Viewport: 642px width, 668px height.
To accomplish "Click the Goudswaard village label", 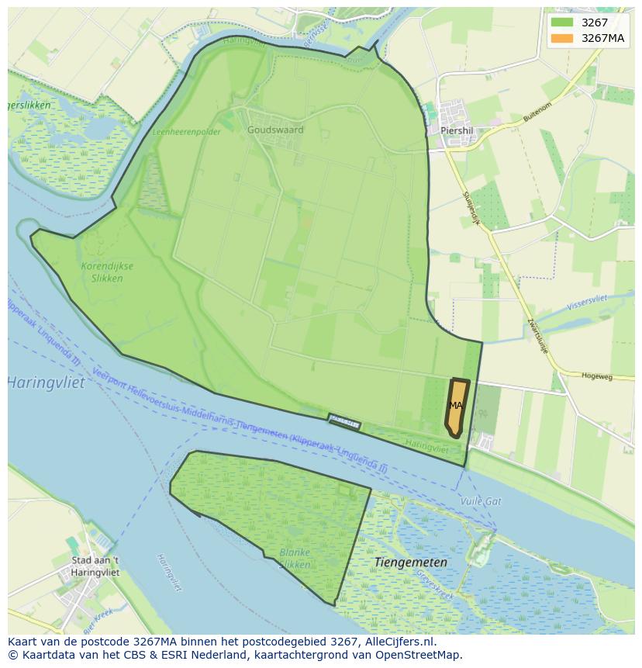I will tap(275, 130).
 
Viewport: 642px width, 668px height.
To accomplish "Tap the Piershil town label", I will tap(457, 131).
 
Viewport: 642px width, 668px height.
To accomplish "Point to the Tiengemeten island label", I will tap(410, 562).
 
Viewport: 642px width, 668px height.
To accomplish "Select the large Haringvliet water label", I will tap(46, 382).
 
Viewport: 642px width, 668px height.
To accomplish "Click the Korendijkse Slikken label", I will tap(107, 272).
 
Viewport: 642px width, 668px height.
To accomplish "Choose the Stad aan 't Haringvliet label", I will tap(95, 566).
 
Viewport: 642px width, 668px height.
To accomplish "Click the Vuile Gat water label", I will tap(481, 502).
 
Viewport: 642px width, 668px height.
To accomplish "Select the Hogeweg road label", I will tap(596, 376).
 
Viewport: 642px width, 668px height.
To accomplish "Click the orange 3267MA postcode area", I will tap(456, 407).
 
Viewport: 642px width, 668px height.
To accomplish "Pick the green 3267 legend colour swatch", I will tap(562, 22).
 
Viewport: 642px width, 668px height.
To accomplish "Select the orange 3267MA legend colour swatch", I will tap(562, 38).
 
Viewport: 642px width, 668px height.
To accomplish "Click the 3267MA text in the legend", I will tap(602, 38).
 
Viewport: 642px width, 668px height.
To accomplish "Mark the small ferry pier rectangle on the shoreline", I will tap(344, 421).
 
